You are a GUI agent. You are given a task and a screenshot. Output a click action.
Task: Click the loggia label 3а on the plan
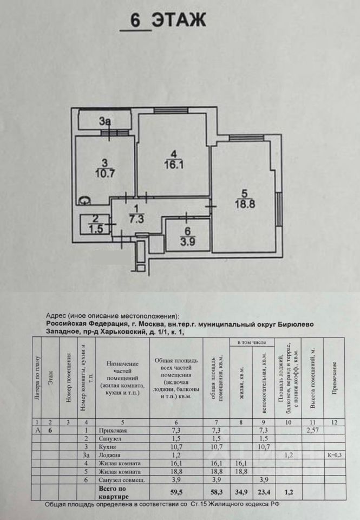pyautogui.click(x=105, y=122)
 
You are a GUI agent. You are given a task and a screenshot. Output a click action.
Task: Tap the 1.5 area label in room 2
pyautogui.click(x=95, y=227)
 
